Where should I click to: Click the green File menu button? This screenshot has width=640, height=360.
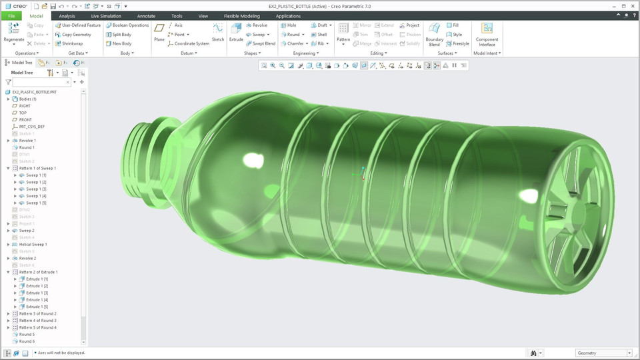point(11,15)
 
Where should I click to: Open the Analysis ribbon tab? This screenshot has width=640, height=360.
point(67,15)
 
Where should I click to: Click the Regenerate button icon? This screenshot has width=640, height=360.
point(13,28)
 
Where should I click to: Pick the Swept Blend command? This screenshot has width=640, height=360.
point(260,43)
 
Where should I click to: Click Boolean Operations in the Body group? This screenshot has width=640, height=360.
point(130,25)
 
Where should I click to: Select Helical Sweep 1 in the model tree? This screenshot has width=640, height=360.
point(33,245)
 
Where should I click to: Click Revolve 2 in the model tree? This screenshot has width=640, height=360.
point(27,258)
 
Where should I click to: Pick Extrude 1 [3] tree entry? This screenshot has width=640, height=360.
point(37,293)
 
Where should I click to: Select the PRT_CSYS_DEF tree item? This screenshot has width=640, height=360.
point(32,127)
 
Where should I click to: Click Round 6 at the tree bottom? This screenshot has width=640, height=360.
point(27,341)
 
